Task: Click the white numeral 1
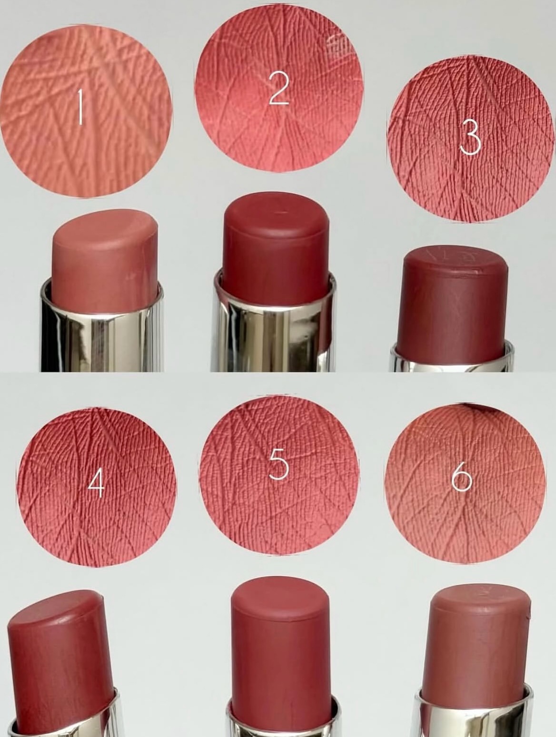click(x=80, y=107)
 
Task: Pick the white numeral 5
click(x=279, y=467)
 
